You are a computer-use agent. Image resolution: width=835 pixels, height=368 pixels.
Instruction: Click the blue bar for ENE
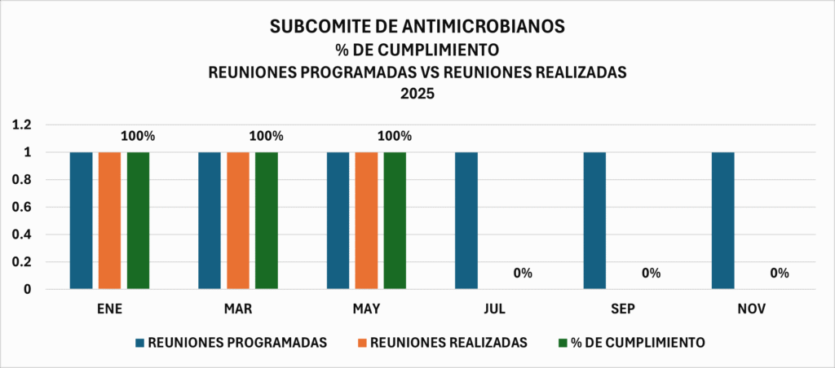point(81,220)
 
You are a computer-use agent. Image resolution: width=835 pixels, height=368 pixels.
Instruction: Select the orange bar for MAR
point(238,220)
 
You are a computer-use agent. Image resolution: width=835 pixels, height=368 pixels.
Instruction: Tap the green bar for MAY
point(395,220)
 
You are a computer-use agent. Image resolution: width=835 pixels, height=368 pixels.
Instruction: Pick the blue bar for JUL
point(466,220)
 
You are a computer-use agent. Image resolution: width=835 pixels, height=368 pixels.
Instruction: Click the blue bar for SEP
point(594,220)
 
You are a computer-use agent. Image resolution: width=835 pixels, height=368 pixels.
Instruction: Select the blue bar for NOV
point(723,220)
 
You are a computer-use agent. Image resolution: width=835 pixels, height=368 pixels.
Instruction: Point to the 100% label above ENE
point(138,136)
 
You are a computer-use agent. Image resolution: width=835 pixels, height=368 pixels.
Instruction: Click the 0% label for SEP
point(651,273)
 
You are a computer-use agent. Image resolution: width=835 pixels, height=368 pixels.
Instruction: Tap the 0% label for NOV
point(780,273)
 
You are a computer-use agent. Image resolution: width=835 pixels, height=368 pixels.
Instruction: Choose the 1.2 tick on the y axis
point(21,125)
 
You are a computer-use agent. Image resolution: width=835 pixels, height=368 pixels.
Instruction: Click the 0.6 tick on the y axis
point(21,207)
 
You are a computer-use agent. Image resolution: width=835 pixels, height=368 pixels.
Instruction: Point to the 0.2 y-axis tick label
point(21,262)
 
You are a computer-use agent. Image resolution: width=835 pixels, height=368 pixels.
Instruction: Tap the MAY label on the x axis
point(366,309)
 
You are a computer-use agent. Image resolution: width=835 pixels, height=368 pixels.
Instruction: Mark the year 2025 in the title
point(417,94)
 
